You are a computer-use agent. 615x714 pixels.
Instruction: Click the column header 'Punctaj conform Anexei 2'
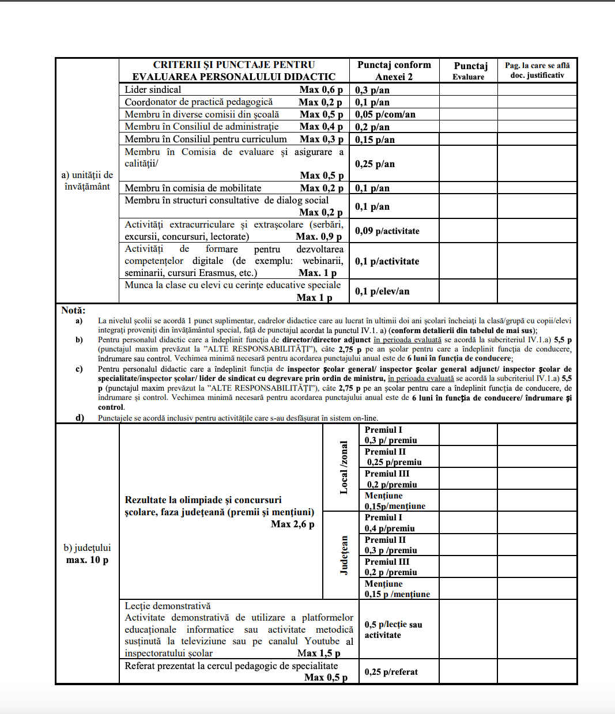394,71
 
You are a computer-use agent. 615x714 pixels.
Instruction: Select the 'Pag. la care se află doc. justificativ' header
537,70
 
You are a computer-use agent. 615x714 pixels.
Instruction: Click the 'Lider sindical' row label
153,90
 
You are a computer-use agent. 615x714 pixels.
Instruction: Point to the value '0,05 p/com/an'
385,115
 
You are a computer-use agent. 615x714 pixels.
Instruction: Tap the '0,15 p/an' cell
375,139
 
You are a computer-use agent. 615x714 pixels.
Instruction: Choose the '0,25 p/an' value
375,164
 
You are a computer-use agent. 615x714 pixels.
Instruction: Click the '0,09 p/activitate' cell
387,231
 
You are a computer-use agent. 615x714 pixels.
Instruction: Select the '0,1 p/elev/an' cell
382,292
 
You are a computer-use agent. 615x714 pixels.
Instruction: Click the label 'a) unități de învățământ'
87,180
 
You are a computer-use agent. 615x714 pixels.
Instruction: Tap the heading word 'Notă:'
73,311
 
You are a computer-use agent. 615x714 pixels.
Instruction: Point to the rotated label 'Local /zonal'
344,467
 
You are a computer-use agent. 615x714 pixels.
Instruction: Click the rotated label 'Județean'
344,555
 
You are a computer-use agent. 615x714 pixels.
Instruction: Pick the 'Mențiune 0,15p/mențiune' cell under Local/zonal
395,501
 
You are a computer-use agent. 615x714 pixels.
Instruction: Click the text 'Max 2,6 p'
293,524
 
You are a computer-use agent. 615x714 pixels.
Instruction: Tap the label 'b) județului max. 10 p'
87,554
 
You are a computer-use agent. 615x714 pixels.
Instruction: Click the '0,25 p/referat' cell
391,672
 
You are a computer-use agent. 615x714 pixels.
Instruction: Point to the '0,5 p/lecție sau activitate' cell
393,630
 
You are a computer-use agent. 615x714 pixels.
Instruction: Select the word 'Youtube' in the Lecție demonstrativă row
322,641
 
